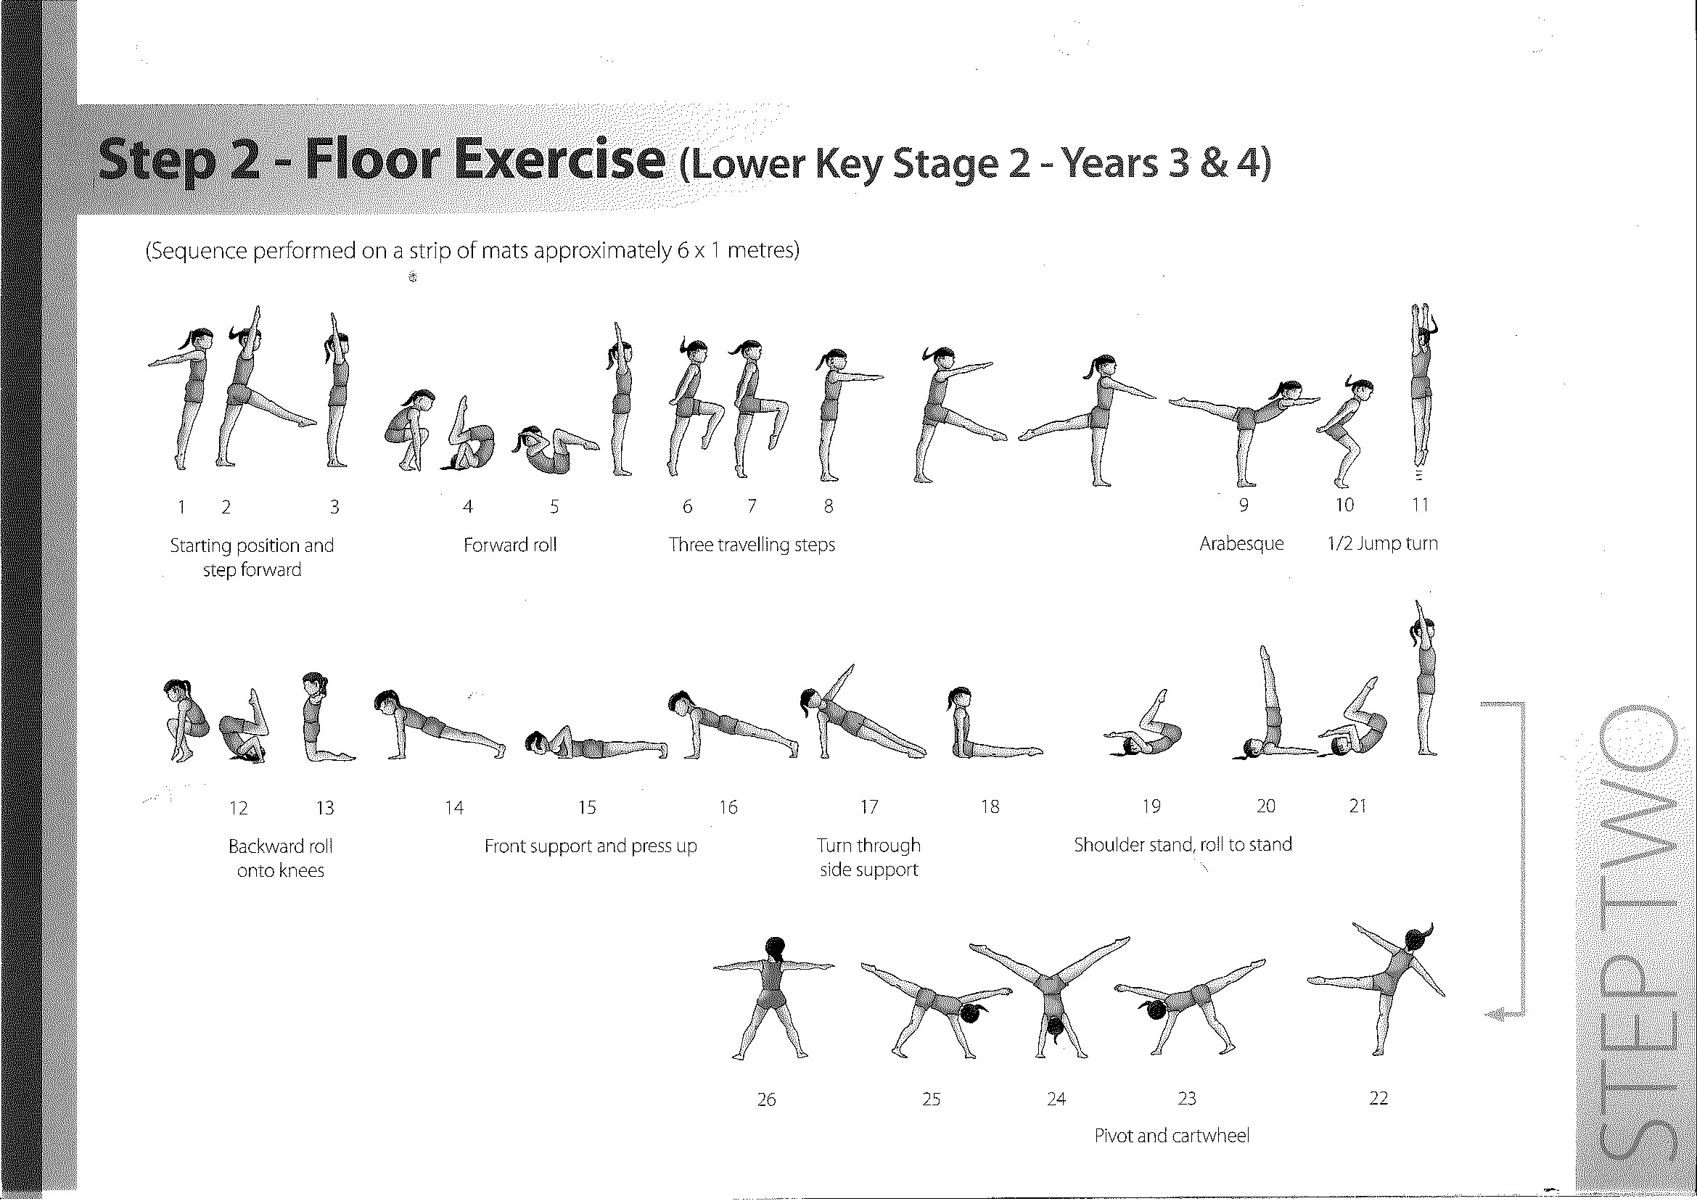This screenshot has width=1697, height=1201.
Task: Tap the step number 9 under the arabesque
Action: click(1244, 505)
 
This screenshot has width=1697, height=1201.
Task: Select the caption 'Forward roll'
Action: click(510, 546)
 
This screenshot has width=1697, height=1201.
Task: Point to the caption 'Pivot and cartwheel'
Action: click(1172, 1135)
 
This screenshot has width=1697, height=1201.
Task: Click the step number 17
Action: click(869, 806)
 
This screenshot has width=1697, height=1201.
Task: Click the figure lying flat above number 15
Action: click(596, 744)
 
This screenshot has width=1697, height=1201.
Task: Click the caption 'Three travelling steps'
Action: click(752, 545)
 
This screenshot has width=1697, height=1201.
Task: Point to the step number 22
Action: click(1378, 1098)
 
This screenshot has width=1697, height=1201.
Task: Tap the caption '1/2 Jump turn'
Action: click(1383, 543)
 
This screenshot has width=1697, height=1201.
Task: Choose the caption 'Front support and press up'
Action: click(591, 846)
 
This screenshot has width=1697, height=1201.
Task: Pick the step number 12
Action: click(238, 808)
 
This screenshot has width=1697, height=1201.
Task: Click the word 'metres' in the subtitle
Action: click(763, 251)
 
